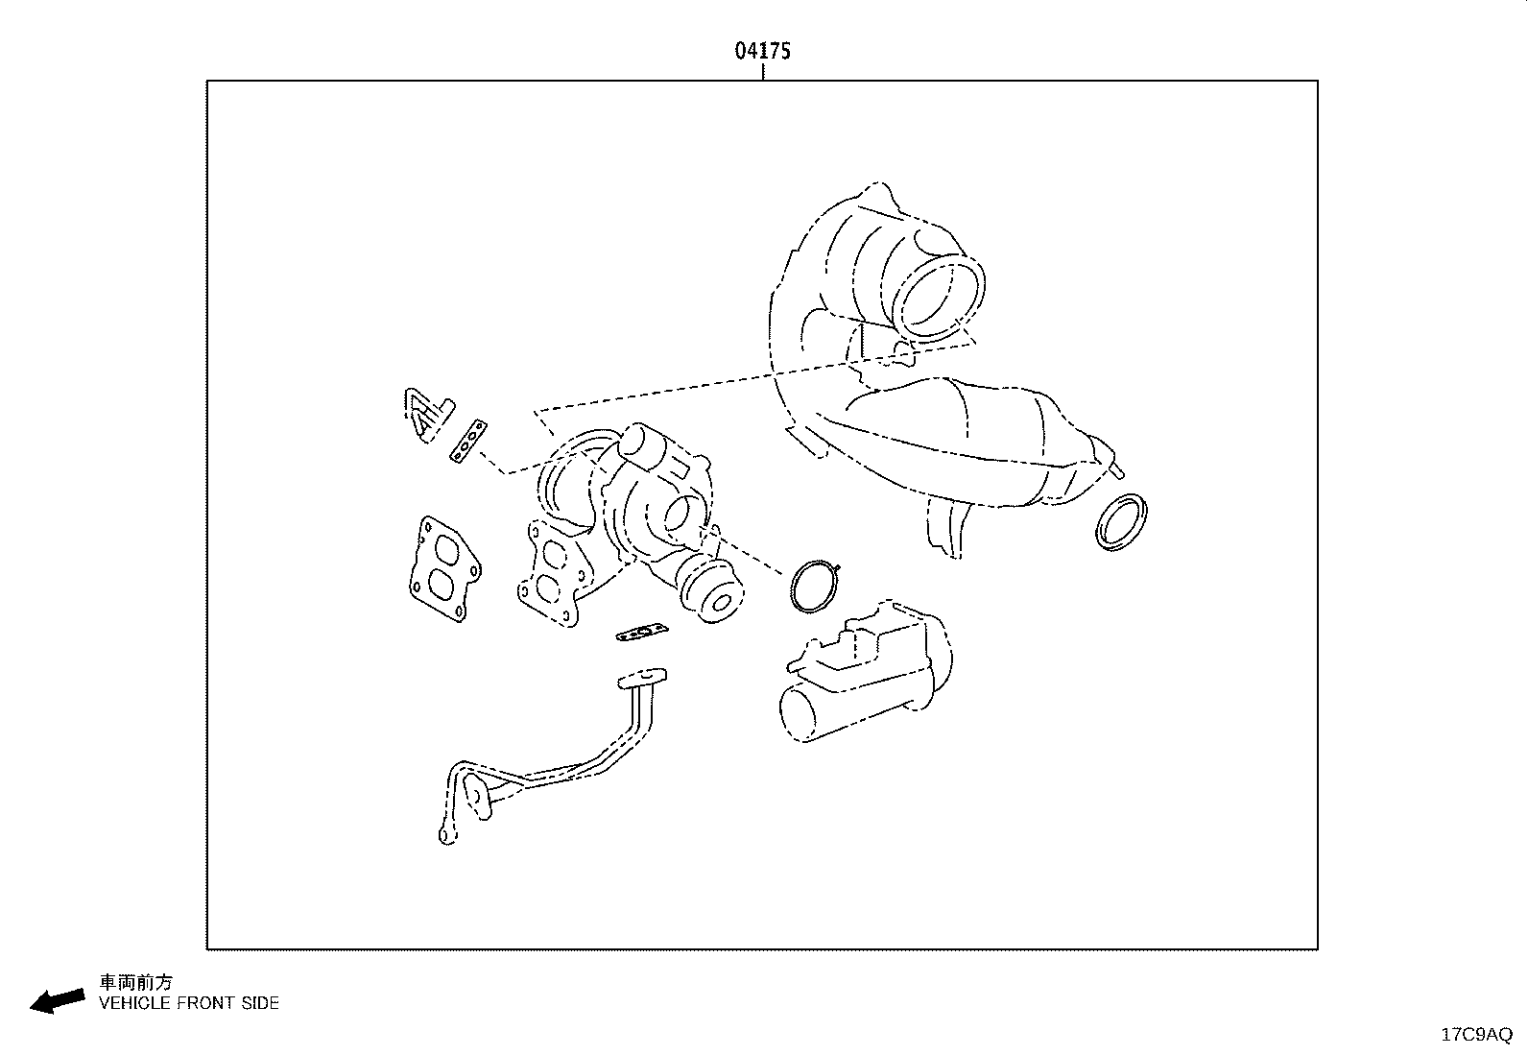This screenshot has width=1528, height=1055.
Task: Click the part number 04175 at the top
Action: click(x=763, y=51)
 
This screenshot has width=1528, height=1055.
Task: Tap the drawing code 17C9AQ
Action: click(x=1477, y=1035)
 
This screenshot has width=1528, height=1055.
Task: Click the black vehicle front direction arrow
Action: click(x=58, y=1001)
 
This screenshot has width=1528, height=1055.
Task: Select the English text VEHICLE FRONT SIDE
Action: click(x=189, y=1003)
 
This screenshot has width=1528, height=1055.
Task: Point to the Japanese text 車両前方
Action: click(x=135, y=983)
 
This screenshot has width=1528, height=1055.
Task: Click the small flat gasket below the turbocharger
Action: click(x=642, y=633)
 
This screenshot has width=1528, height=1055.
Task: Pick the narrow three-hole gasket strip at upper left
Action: click(x=468, y=441)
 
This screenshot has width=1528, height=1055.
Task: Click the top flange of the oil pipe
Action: click(x=642, y=679)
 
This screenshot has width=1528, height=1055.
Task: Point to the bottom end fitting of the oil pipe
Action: click(x=447, y=835)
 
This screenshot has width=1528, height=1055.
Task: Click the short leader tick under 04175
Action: click(x=763, y=72)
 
